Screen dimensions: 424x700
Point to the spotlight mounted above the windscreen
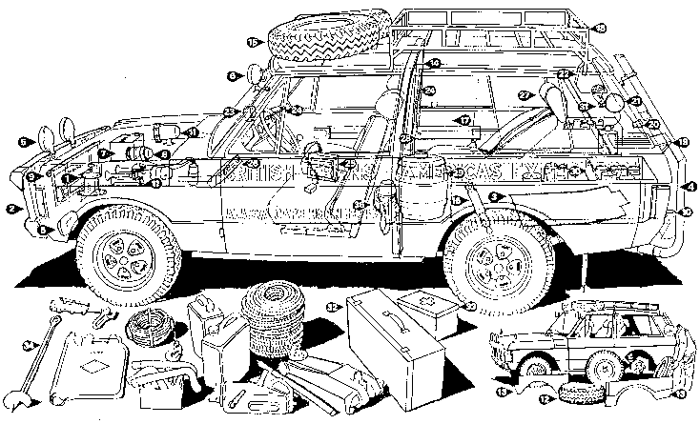(255, 73)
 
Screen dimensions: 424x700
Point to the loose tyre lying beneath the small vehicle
(579, 392)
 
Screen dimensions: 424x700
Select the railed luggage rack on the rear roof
(496, 38)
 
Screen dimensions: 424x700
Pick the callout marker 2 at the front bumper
(10, 208)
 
